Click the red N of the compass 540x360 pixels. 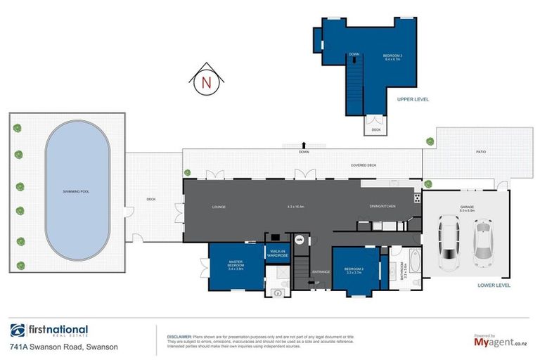coord(206,82)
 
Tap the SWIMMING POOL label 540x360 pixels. coord(76,191)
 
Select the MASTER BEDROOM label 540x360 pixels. coord(235,266)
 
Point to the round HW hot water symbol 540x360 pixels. coord(300,239)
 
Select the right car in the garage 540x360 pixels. coord(482,241)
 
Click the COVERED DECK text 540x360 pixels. coord(364,165)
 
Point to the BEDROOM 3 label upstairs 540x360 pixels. coord(392,56)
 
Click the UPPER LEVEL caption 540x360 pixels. coord(413,100)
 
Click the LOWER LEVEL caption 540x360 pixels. coord(493,285)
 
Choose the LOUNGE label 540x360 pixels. coord(219,207)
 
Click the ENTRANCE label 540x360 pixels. coord(321,271)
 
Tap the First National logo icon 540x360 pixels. coord(18,330)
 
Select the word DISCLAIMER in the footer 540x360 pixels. coord(179,336)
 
